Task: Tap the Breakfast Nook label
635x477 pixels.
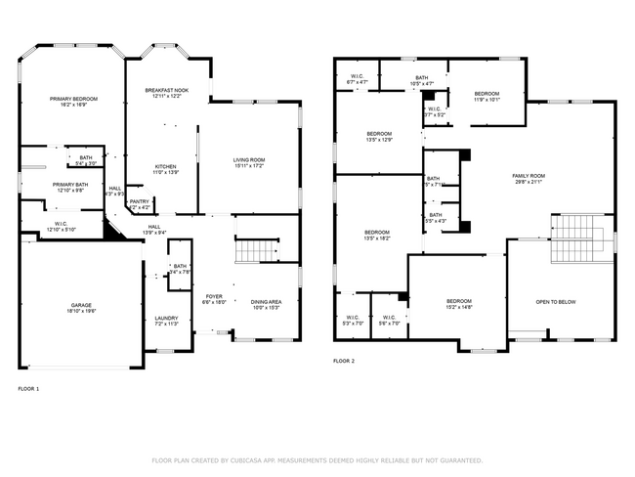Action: tap(167, 93)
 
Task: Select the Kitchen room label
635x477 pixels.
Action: tap(166, 169)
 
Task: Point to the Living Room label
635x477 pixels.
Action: tap(249, 162)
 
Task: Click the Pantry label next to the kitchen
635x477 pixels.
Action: tap(140, 204)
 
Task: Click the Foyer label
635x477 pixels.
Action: tap(214, 299)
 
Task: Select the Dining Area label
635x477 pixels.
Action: tap(266, 305)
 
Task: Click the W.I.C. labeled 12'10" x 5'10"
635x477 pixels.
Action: tap(61, 227)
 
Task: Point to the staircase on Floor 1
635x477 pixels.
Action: tap(255, 250)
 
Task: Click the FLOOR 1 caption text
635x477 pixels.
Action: tap(29, 388)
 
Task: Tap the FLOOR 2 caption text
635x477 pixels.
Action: tap(344, 361)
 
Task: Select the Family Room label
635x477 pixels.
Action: tap(528, 179)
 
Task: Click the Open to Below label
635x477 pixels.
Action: tap(555, 302)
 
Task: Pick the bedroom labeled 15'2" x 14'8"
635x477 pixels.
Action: tap(459, 303)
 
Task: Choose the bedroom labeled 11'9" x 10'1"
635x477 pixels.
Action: tap(487, 96)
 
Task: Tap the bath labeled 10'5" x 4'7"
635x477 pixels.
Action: tap(421, 81)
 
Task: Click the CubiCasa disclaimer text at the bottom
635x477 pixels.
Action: tap(317, 459)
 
